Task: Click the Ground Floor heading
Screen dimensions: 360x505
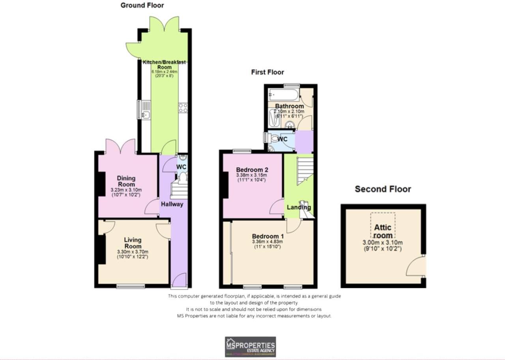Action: pyautogui.click(x=142, y=5)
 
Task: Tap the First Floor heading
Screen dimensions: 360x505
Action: pyautogui.click(x=267, y=72)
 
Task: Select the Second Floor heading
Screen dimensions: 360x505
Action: pyautogui.click(x=383, y=189)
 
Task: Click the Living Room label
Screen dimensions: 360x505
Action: pyautogui.click(x=133, y=243)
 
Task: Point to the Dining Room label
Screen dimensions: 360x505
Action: pyautogui.click(x=126, y=181)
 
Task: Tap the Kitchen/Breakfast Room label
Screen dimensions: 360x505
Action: pyautogui.click(x=164, y=65)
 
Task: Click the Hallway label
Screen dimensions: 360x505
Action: pyautogui.click(x=172, y=204)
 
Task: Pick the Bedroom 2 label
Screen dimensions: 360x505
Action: pyautogui.click(x=252, y=170)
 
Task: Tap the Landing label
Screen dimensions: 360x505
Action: pyautogui.click(x=299, y=207)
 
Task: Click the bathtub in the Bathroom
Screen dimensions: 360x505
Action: pyautogui.click(x=283, y=95)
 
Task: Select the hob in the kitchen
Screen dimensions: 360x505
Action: pyautogui.click(x=183, y=108)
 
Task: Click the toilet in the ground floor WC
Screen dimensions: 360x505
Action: pyautogui.click(x=182, y=177)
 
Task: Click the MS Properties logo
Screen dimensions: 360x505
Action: pyautogui.click(x=250, y=347)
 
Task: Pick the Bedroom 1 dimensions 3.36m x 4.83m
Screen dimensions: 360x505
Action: pyautogui.click(x=267, y=241)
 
